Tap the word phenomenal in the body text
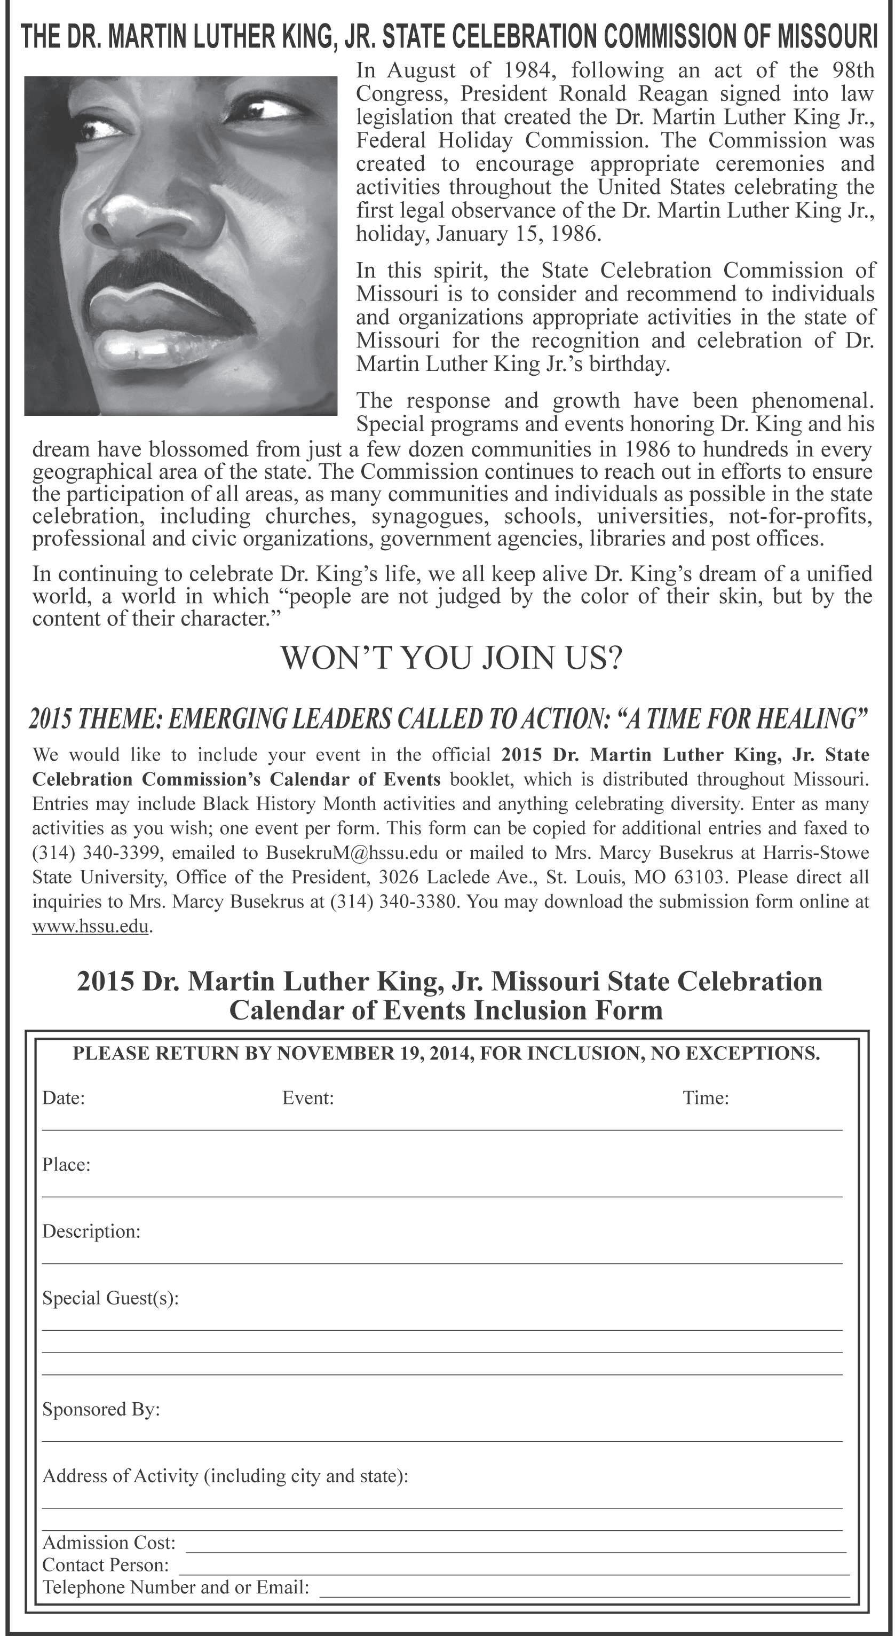[812, 401]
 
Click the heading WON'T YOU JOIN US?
[451, 658]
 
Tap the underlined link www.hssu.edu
[90, 926]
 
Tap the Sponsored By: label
[101, 1409]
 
